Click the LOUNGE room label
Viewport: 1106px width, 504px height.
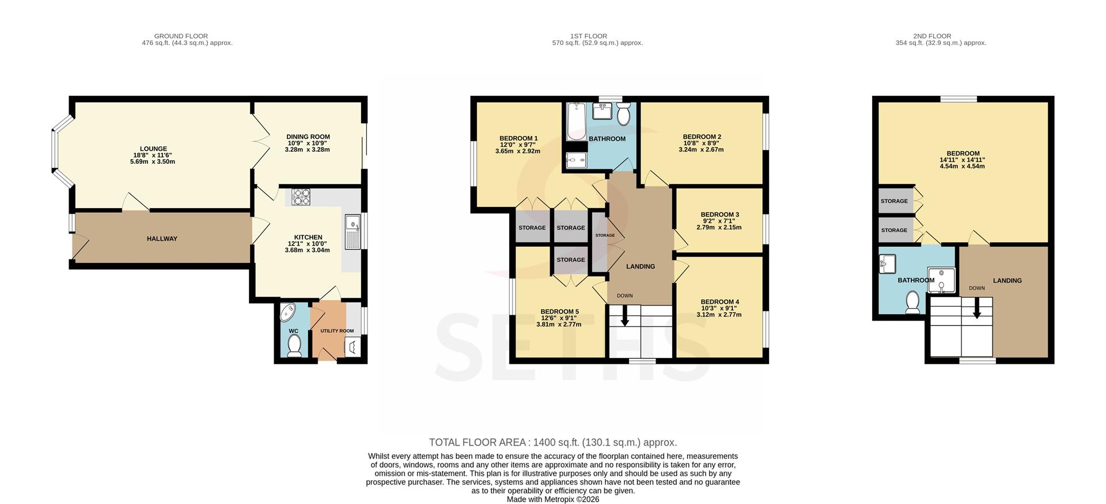pos(153,149)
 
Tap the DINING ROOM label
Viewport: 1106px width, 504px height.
pos(308,137)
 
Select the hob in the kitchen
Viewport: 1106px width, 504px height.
pos(301,197)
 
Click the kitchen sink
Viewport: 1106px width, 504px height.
pos(353,232)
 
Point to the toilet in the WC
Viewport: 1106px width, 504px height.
pos(294,346)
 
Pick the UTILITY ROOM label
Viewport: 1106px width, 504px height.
pos(337,331)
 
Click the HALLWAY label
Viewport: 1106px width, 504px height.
pos(162,239)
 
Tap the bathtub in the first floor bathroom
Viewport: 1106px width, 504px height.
pos(576,122)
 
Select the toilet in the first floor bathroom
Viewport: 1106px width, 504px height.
pos(623,114)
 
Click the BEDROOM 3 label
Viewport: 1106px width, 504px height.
pos(720,215)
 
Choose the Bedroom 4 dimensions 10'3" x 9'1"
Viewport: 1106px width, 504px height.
pos(720,309)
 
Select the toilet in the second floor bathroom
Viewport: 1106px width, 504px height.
pos(912,302)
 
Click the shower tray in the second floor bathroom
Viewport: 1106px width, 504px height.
pos(941,280)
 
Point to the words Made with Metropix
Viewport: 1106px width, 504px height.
pos(540,499)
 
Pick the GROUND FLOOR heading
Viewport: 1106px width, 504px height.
pos(181,36)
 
